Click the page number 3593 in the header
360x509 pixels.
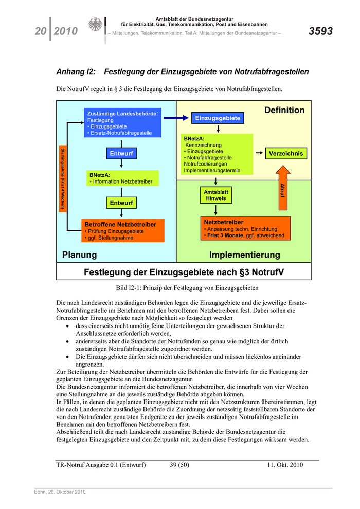320,31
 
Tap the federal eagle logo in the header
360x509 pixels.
96,26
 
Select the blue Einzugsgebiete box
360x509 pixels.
218,118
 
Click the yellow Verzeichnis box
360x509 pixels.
286,153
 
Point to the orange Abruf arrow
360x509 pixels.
282,188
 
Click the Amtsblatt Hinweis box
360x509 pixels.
216,195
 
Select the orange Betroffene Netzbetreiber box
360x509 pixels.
123,231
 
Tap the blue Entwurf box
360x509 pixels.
121,154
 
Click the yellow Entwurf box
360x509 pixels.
121,203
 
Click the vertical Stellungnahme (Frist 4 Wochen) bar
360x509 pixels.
63,178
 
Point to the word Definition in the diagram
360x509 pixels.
284,110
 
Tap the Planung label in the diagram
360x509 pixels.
79,255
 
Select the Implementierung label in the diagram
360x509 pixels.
245,255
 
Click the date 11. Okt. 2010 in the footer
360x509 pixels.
285,465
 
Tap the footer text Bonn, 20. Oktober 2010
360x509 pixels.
60,492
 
